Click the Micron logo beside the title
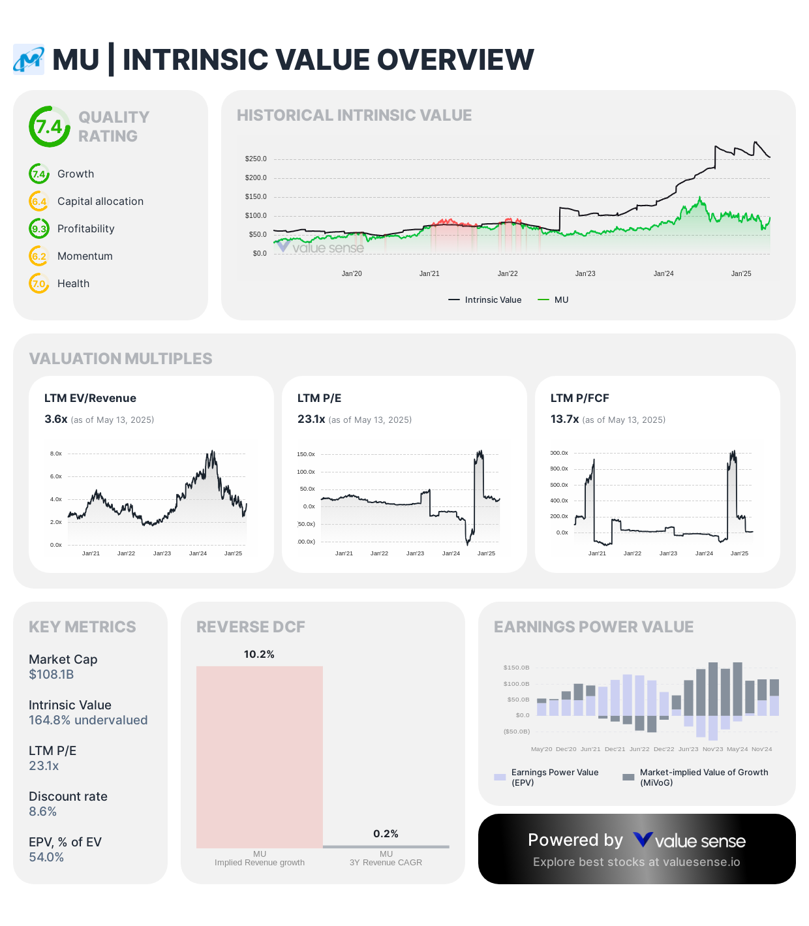pos(29,60)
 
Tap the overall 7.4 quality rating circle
pos(49,127)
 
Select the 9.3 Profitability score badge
pos(39,229)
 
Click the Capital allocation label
pos(100,202)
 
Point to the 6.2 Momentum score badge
pos(39,256)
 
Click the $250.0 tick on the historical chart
pos(256,159)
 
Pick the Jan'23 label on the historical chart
pos(585,274)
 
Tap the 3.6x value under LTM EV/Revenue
pos(56,420)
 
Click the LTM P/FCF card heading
pos(579,399)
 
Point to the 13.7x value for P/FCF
pos(564,420)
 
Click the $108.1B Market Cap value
pos(52,675)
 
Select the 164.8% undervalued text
pos(88,720)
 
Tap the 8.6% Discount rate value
pos(43,812)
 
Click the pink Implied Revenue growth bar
pos(260,757)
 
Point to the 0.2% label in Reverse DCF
pos(386,834)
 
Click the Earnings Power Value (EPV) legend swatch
pos(500,777)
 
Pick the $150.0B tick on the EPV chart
pos(516,668)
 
